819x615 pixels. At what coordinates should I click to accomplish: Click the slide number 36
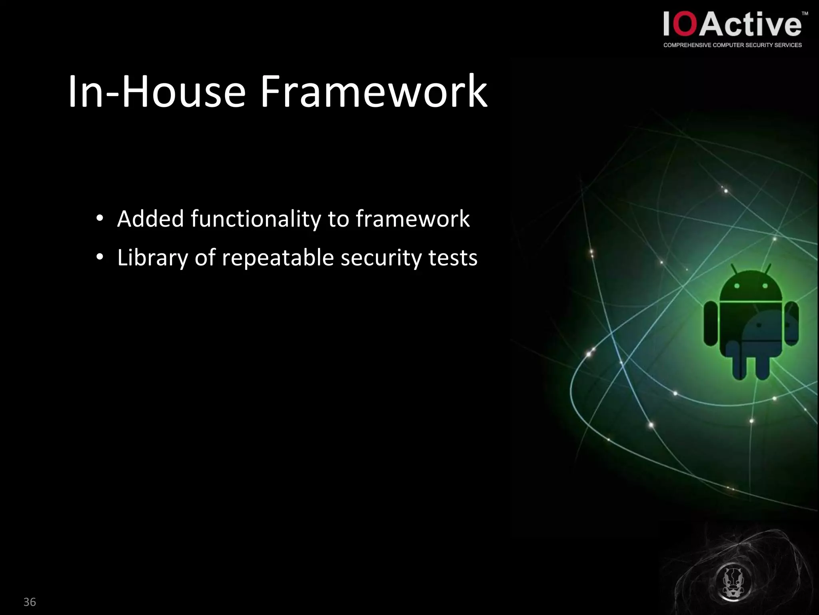(30, 602)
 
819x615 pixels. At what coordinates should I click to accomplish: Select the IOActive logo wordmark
(732, 25)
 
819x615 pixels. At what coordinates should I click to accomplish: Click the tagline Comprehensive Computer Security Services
(732, 45)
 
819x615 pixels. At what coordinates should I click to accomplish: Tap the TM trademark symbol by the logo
(805, 14)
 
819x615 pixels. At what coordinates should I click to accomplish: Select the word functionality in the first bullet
(256, 219)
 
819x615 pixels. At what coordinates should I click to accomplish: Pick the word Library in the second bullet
(152, 258)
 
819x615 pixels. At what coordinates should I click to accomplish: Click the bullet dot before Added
(100, 219)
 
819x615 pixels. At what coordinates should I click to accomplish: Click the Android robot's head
(751, 286)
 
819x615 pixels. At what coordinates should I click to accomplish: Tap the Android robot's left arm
(711, 324)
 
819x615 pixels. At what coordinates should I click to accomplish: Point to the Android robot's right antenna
(767, 269)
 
